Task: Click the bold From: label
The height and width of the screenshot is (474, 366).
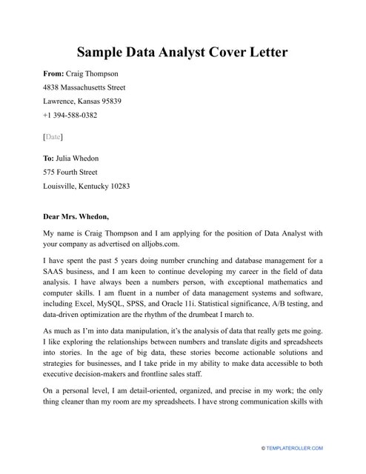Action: point(56,74)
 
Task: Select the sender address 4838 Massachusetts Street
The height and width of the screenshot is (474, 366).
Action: point(87,87)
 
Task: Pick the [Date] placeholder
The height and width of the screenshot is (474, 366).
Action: point(53,137)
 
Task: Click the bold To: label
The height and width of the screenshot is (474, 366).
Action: point(50,158)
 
